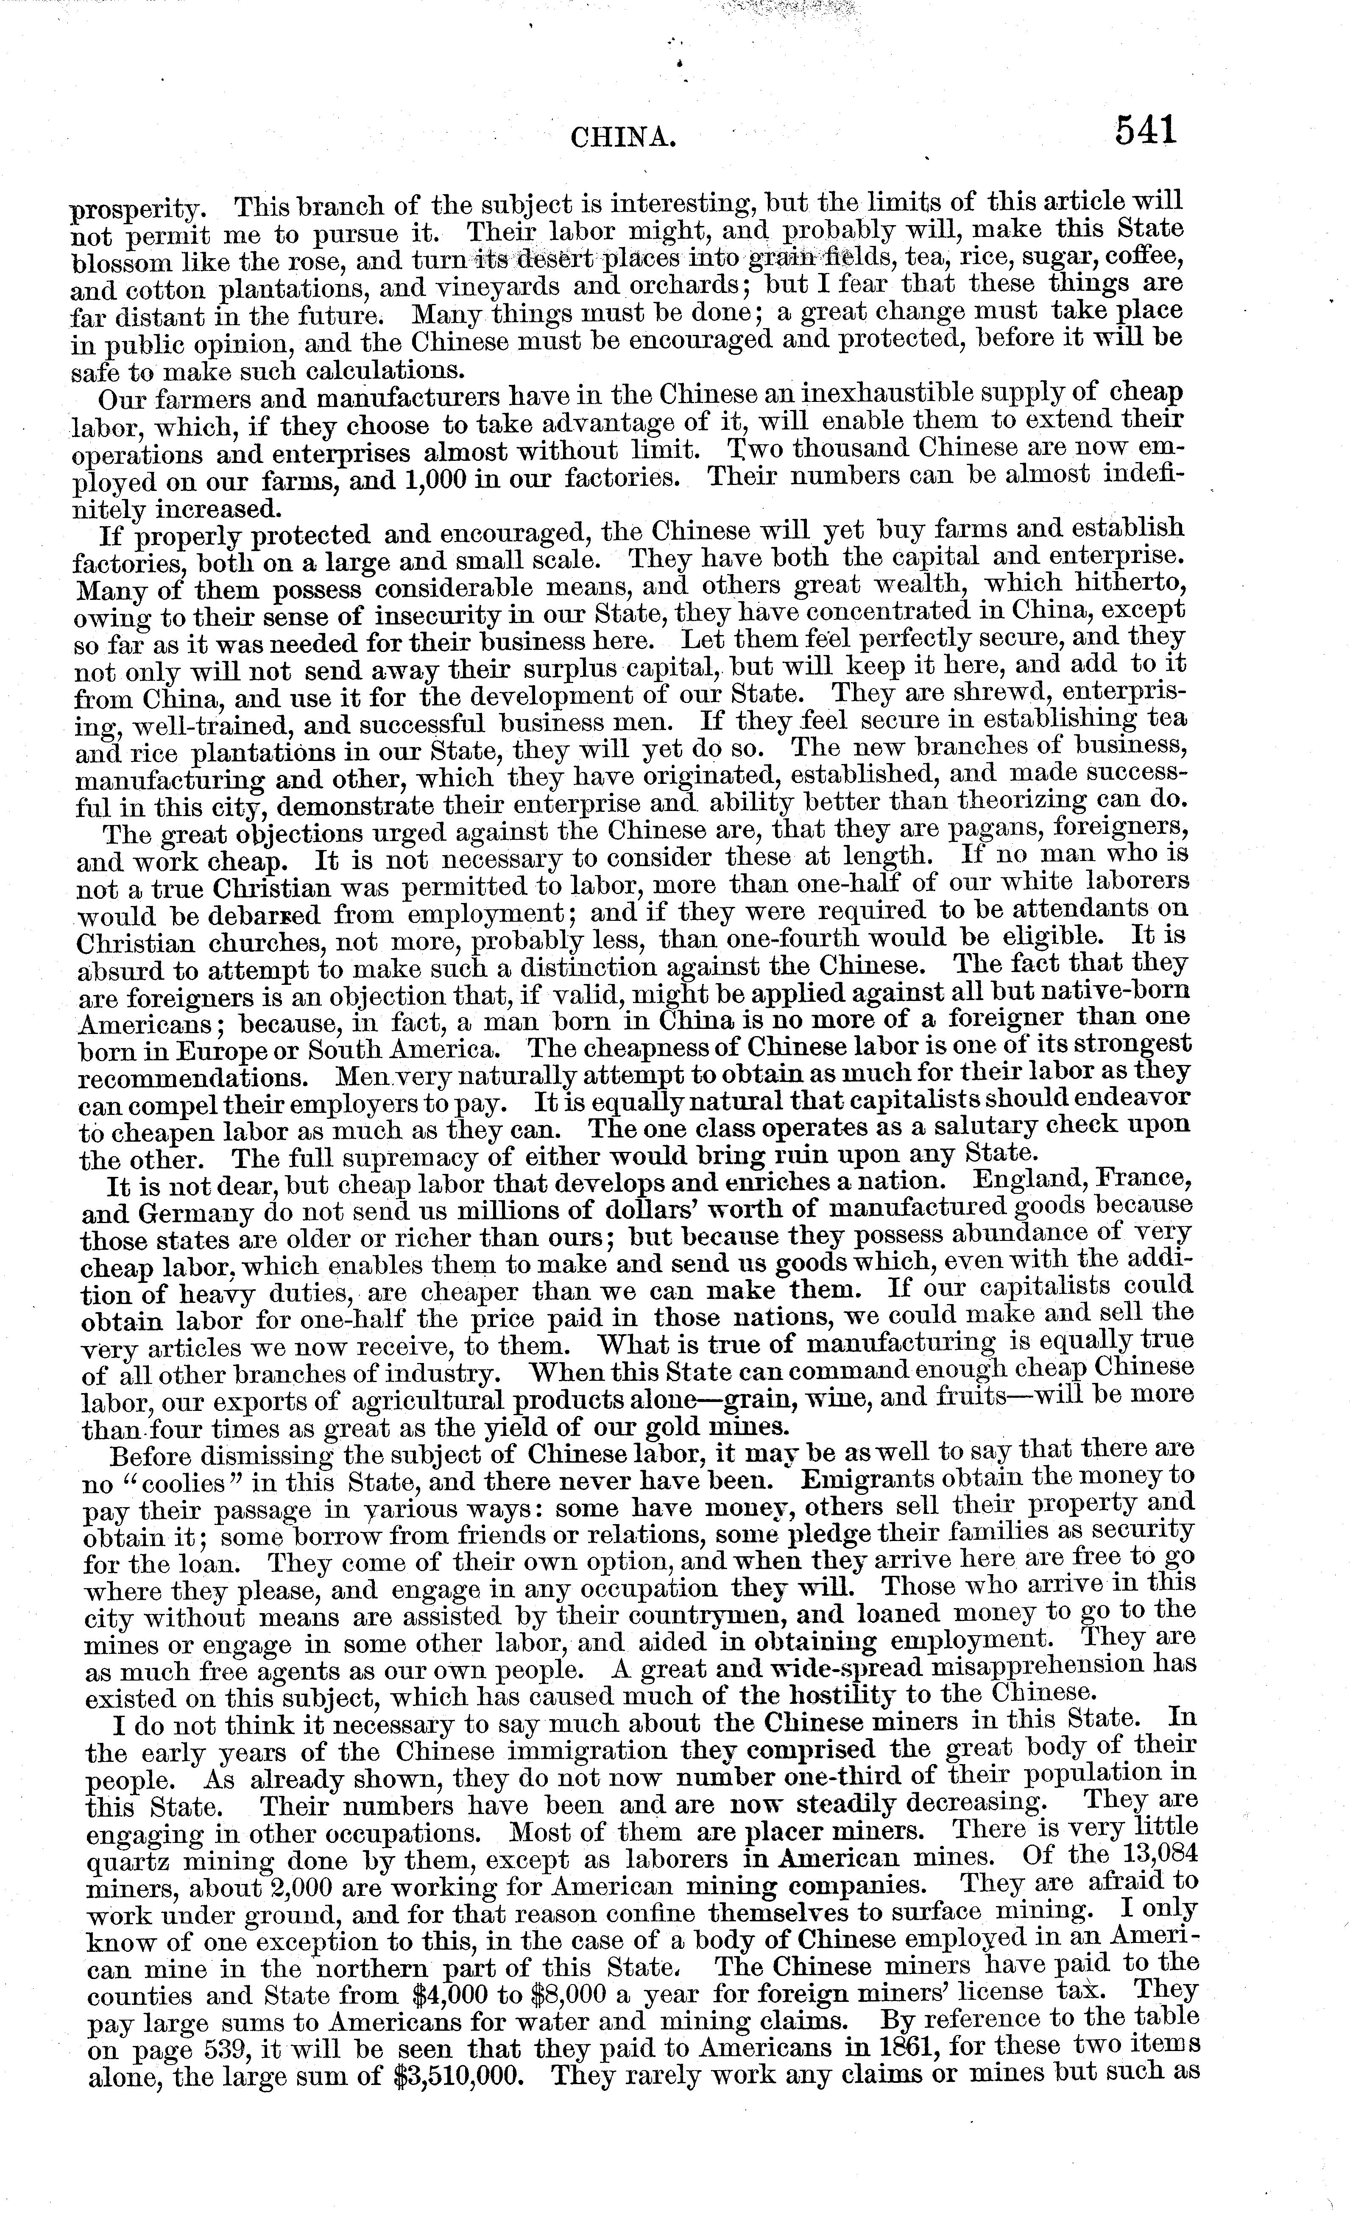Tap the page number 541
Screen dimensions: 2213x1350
pyautogui.click(x=1145, y=132)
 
